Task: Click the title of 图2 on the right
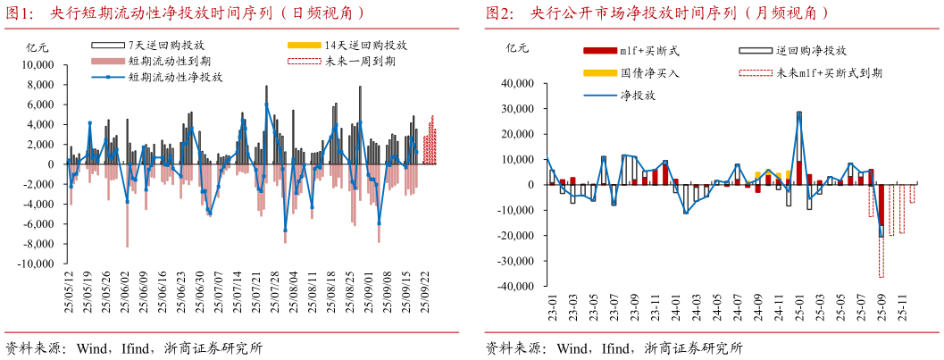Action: tap(656, 13)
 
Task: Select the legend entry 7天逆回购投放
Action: tap(161, 45)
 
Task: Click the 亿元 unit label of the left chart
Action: tap(38, 46)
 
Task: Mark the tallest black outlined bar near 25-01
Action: tap(799, 147)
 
